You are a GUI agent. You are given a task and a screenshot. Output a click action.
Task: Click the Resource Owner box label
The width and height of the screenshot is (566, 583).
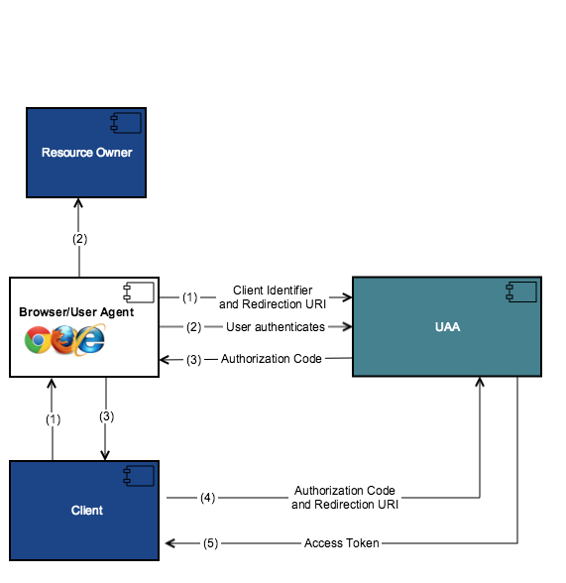tap(86, 153)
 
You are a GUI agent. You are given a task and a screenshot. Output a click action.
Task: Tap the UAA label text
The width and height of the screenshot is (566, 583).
tap(447, 327)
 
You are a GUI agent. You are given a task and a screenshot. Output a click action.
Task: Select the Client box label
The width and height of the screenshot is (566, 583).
tap(87, 510)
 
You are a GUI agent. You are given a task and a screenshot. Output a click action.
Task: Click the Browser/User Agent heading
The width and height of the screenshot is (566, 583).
tap(76, 312)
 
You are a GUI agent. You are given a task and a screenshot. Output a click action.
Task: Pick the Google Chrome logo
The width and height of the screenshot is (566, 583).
tap(38, 340)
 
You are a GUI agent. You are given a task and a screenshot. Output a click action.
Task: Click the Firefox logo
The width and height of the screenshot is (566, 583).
tap(63, 340)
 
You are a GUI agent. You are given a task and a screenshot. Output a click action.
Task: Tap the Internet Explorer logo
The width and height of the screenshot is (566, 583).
tap(90, 339)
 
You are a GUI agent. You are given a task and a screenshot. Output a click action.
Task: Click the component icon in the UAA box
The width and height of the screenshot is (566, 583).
tap(521, 291)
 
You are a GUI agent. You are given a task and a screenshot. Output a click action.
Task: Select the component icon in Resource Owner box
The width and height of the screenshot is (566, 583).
tap(126, 123)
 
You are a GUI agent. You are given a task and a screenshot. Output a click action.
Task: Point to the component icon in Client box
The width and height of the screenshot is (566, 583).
tap(139, 476)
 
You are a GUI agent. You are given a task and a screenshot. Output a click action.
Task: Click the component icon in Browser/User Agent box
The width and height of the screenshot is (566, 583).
tap(139, 292)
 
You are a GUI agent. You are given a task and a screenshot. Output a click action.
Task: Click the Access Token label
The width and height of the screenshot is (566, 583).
tap(342, 543)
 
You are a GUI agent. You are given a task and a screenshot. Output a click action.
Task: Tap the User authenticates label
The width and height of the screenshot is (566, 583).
tap(276, 327)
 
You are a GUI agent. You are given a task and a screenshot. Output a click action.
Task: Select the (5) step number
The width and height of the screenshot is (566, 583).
tap(210, 543)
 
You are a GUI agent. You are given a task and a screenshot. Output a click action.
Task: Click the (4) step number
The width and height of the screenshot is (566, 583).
tap(207, 498)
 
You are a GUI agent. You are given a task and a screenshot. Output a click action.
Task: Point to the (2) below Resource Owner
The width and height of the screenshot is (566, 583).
tap(79, 239)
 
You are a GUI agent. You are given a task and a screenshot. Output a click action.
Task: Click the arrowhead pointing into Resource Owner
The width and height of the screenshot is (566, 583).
tap(78, 203)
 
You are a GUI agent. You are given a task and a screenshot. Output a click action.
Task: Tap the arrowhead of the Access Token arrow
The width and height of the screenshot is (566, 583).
tap(170, 543)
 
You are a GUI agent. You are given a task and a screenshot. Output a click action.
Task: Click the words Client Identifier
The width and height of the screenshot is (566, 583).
tap(273, 290)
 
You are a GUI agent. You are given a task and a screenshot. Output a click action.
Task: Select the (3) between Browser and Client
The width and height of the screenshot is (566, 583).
tap(106, 416)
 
